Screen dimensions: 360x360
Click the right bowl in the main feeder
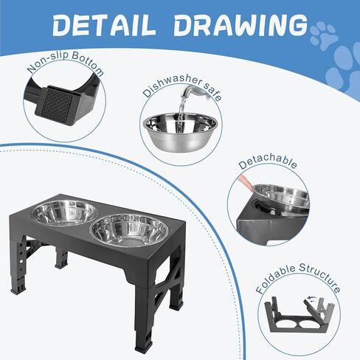point(128,231)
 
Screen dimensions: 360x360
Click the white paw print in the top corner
point(323,33)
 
